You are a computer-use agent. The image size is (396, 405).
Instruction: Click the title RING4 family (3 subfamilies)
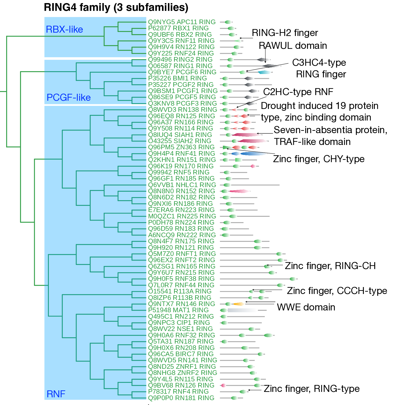point(116,7)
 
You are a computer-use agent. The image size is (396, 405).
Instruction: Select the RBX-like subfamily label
point(64,30)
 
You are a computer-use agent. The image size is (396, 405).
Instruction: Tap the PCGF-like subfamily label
point(68,98)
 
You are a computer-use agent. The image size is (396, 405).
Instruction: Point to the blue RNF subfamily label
point(56,394)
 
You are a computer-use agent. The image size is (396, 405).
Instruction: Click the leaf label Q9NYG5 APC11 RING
point(182,22)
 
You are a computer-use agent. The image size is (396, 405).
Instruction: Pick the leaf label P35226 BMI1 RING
point(177,78)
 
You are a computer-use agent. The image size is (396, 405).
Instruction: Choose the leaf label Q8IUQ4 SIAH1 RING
point(180,135)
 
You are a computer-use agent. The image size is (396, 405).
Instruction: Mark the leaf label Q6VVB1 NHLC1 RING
point(182,185)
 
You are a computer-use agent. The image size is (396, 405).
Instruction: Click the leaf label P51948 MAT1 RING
point(178,310)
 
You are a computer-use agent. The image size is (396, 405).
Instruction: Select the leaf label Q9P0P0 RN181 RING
point(181,398)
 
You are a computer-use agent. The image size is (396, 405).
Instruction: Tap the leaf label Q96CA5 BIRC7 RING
point(181,354)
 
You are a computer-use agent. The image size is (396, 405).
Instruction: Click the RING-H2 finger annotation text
point(285,33)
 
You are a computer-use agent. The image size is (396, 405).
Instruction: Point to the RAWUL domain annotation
point(293,46)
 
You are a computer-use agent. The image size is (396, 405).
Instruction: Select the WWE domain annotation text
point(306,307)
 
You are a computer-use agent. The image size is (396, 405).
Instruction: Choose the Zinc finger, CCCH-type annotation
point(337,291)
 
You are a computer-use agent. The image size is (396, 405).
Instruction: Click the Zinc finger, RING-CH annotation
point(330,266)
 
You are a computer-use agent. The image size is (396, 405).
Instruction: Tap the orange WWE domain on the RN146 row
point(239,304)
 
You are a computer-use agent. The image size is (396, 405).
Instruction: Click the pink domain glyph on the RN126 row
point(223,385)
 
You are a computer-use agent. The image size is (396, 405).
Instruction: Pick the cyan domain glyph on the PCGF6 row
point(264,72)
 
